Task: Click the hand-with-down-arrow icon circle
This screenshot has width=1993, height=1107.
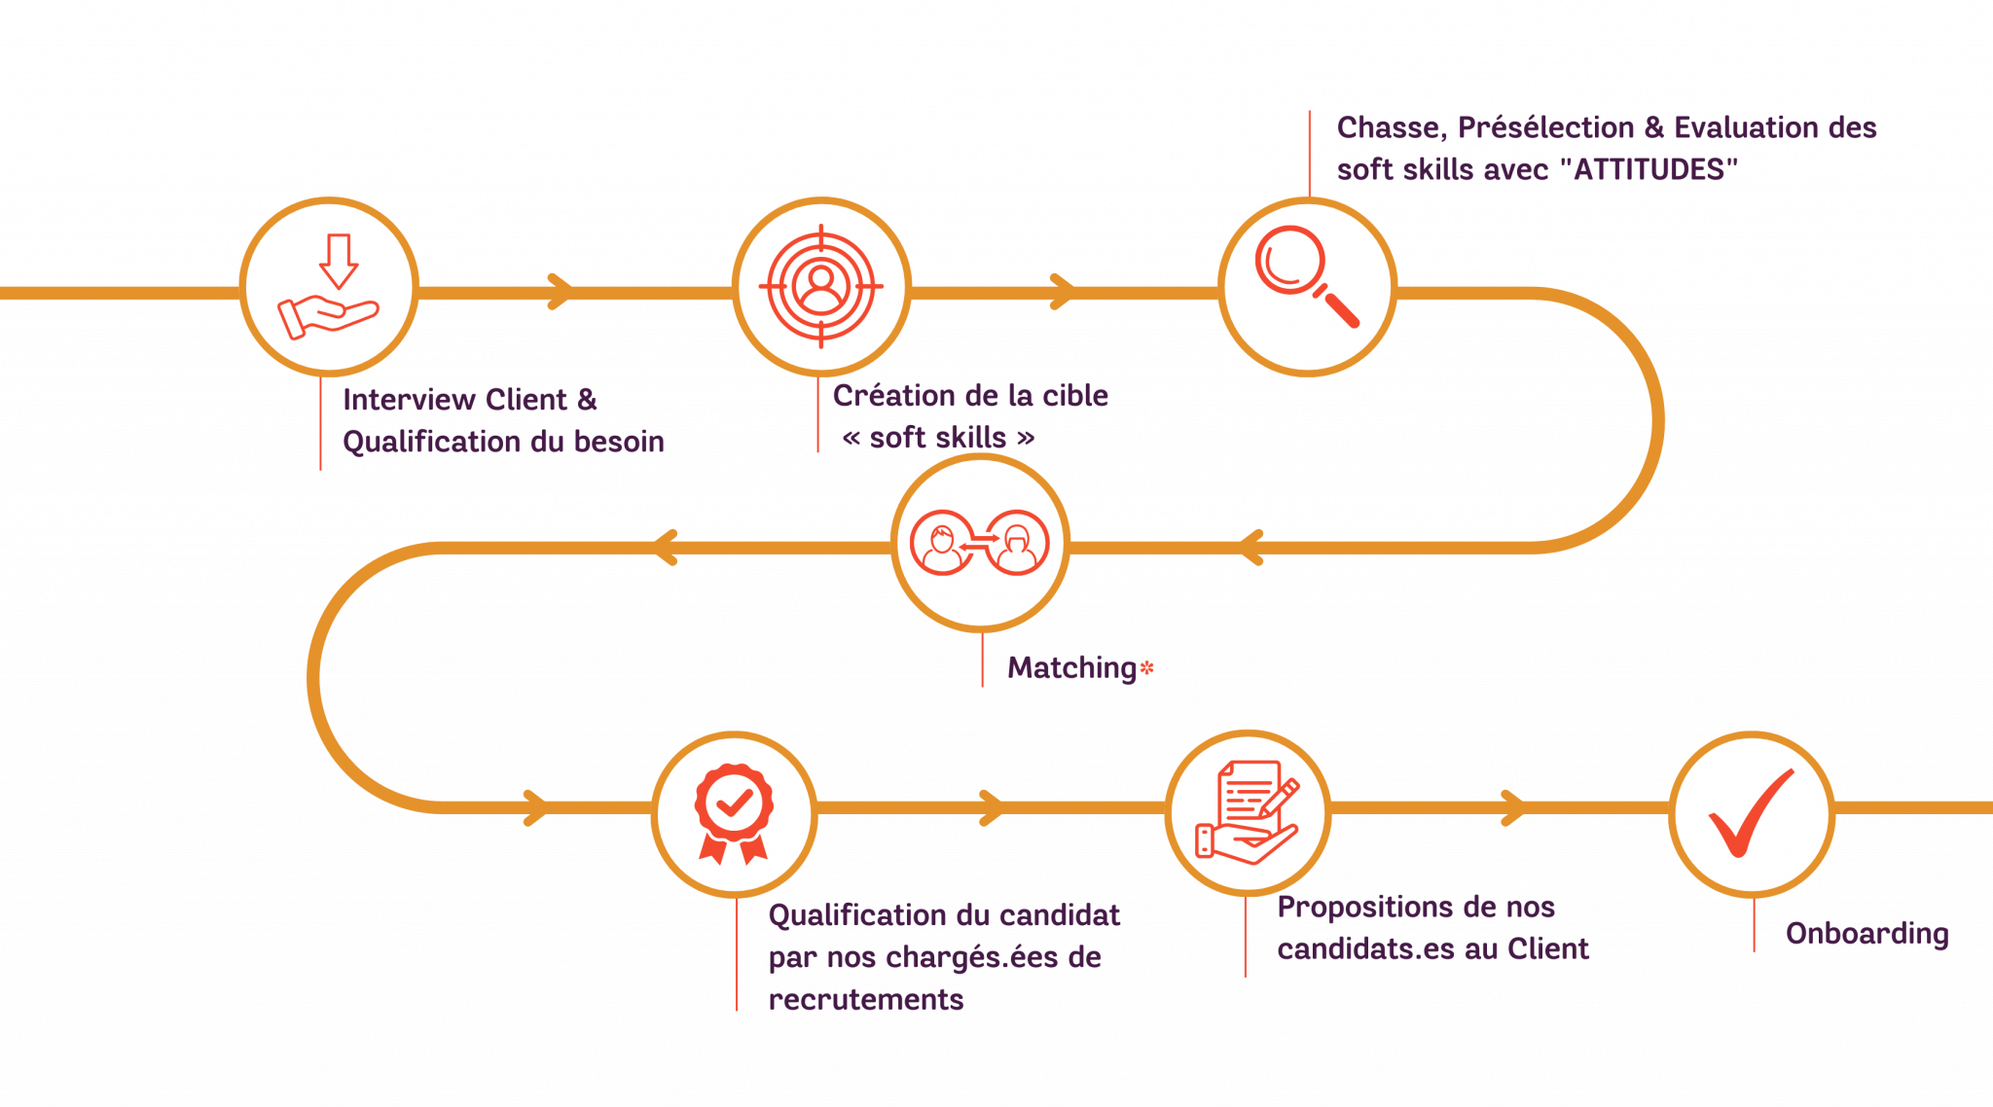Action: (329, 287)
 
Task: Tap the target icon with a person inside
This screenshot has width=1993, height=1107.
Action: (821, 286)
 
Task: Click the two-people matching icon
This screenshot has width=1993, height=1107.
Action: (980, 543)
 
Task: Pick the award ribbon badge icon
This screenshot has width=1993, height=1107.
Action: (735, 813)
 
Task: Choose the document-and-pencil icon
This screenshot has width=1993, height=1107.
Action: (1248, 812)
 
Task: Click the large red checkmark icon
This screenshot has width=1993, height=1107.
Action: (1752, 812)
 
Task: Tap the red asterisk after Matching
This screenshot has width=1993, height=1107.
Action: (1146, 668)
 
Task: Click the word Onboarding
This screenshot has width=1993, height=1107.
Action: (1866, 934)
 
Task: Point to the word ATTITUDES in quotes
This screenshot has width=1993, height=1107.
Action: (1649, 170)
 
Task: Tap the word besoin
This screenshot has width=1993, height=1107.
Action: (619, 443)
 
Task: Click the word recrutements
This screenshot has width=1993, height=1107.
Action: (866, 1000)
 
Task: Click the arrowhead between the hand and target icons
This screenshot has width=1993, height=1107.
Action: (560, 292)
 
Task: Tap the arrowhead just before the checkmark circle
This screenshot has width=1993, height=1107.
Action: (1513, 807)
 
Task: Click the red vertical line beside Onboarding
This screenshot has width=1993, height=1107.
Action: (1755, 925)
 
